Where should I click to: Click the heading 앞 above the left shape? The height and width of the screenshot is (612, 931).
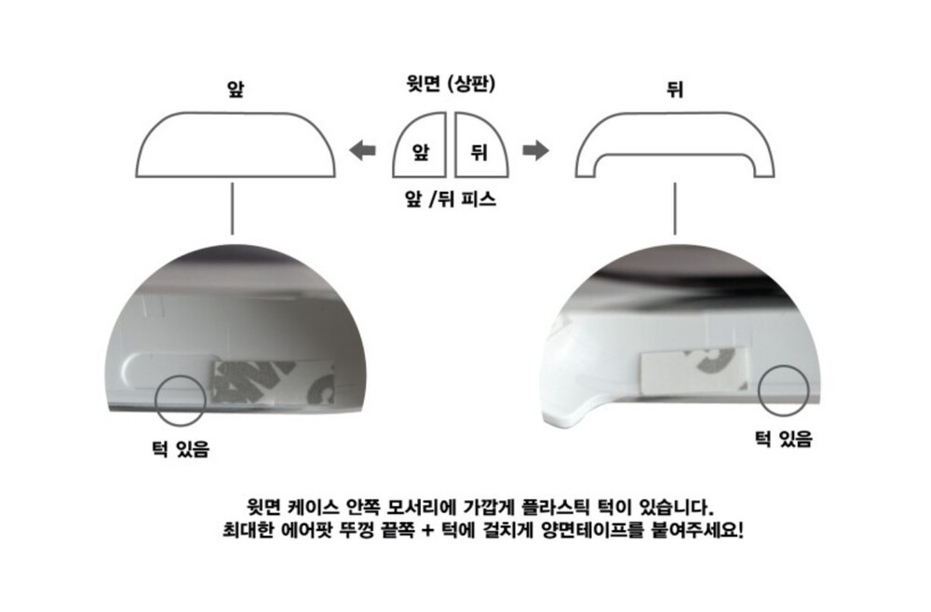tap(236, 88)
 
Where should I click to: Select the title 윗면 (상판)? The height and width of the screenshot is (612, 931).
tap(451, 83)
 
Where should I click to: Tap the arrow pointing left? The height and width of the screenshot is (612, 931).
tap(362, 150)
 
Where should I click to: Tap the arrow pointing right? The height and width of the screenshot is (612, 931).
tap(535, 150)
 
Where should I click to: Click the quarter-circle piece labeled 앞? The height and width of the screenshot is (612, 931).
tap(420, 145)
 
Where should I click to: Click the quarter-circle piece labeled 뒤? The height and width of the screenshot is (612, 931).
tap(481, 145)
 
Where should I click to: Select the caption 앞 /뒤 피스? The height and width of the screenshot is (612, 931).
tap(450, 198)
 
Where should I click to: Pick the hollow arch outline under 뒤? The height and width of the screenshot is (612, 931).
tap(675, 114)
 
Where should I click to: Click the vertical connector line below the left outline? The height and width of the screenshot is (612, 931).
tap(232, 209)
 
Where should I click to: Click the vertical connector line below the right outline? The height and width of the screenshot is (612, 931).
tap(675, 209)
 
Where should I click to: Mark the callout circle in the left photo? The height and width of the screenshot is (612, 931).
tap(155, 401)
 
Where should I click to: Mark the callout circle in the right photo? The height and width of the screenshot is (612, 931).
tap(759, 390)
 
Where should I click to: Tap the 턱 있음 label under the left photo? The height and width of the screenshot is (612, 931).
tap(181, 449)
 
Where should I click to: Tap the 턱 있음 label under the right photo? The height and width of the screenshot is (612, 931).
tap(783, 439)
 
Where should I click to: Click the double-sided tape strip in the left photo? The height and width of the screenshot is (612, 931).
tap(273, 383)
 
